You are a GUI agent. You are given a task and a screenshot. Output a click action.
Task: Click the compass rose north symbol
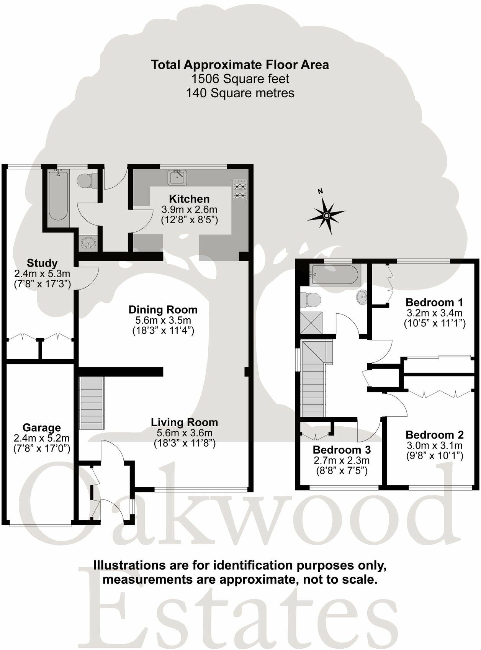(x=326, y=215)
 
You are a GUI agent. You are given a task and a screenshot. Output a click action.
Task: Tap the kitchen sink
(x=177, y=177)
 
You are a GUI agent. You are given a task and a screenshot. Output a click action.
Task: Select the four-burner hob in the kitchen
(x=240, y=190)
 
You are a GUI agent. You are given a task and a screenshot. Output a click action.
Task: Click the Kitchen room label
(x=189, y=199)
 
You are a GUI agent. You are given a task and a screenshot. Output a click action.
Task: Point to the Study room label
(x=42, y=263)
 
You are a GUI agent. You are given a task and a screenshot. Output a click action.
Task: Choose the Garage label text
(x=42, y=427)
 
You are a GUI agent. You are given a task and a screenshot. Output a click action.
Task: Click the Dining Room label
(x=163, y=309)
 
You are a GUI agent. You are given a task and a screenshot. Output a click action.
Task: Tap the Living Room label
(x=184, y=422)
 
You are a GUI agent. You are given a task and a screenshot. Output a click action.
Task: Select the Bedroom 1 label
(x=435, y=302)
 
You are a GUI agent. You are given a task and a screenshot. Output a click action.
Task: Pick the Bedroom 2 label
(x=434, y=435)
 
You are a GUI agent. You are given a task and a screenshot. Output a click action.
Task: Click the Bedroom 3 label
(x=342, y=449)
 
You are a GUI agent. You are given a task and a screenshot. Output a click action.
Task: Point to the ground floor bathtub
(x=58, y=196)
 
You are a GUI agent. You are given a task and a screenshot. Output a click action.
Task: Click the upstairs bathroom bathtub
(x=335, y=274)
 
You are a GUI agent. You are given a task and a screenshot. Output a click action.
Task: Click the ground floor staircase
(x=92, y=403)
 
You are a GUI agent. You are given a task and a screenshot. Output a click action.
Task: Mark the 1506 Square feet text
(x=240, y=79)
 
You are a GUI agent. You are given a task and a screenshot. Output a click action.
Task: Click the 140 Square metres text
(x=240, y=93)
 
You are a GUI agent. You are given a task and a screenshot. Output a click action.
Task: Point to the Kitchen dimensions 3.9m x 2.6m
(x=189, y=210)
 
